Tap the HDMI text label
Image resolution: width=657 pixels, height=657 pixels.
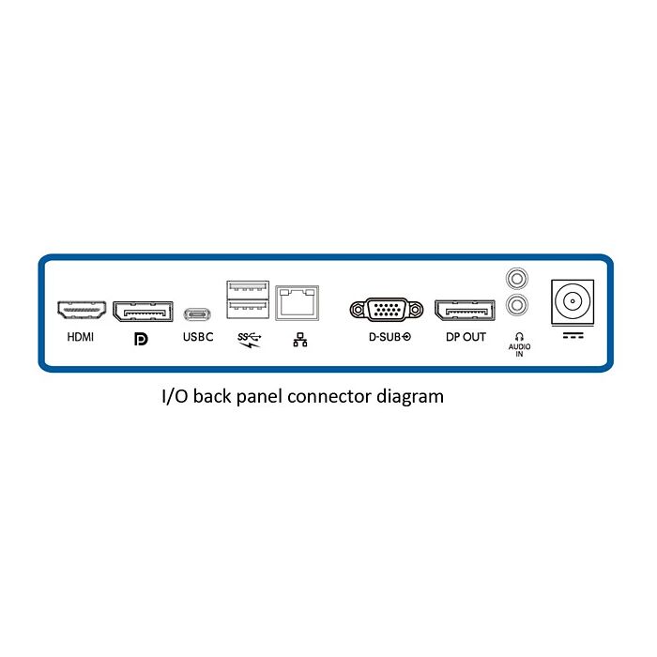point(82,336)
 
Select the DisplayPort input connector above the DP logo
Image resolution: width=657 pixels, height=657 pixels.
point(142,311)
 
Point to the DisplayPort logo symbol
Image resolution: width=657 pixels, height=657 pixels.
point(141,337)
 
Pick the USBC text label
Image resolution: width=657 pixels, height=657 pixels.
point(197,336)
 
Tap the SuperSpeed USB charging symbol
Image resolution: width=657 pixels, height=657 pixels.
point(250,338)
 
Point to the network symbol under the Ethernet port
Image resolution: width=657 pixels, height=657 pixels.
point(300,340)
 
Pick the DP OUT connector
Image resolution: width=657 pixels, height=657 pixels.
point(465,311)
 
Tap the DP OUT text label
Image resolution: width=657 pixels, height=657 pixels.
point(466,336)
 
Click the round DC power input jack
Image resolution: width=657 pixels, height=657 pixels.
point(571,302)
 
